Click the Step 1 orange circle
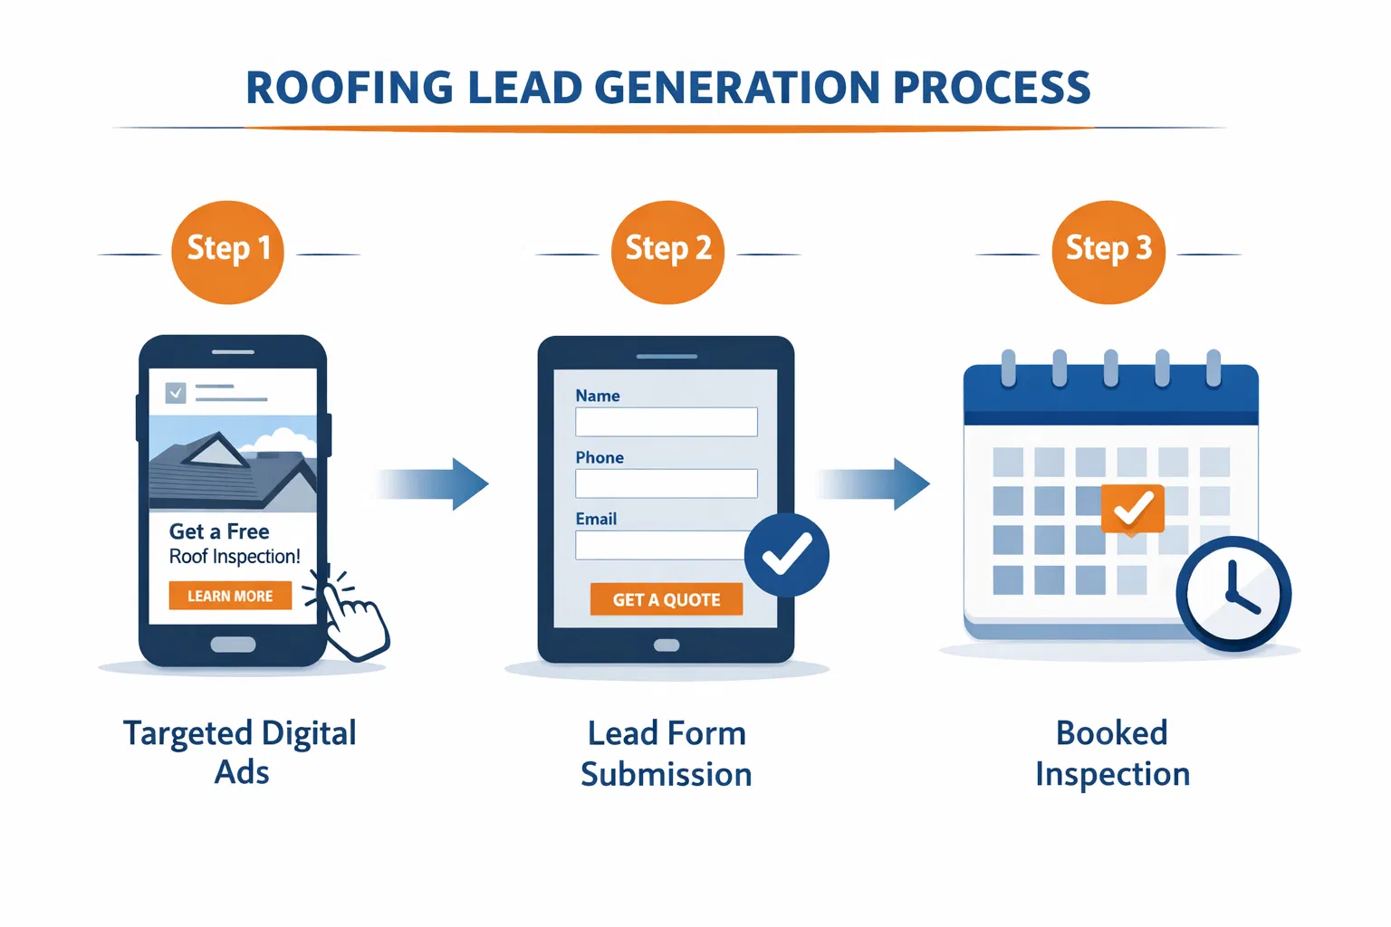pyautogui.click(x=227, y=252)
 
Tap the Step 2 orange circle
pyautogui.click(x=668, y=252)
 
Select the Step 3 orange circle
pyautogui.click(x=1108, y=252)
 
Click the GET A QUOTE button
pyautogui.click(x=667, y=599)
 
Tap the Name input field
pyautogui.click(x=667, y=422)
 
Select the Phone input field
pyautogui.click(x=667, y=483)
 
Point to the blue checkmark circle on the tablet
pyautogui.click(x=786, y=555)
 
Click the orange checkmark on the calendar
pyautogui.click(x=1133, y=509)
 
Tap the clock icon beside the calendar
pyautogui.click(x=1233, y=594)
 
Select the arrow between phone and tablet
pyautogui.click(x=435, y=483)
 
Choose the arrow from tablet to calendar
pyautogui.click(x=875, y=483)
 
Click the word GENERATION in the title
pyautogui.click(x=737, y=89)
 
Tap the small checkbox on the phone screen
pyautogui.click(x=176, y=393)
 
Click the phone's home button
pyautogui.click(x=233, y=645)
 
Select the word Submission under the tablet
pyautogui.click(x=667, y=775)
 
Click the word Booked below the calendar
pyautogui.click(x=1111, y=733)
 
